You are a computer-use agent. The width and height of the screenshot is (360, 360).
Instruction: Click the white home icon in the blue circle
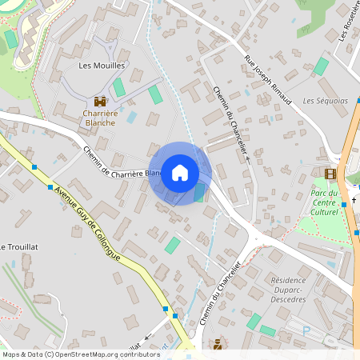point(180,173)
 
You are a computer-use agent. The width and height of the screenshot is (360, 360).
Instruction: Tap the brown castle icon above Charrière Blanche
point(100,102)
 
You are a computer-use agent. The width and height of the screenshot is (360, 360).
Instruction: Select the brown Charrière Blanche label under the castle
point(100,118)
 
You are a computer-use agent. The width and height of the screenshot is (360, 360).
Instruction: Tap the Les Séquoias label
point(326,101)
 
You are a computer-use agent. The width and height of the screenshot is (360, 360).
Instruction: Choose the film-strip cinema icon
point(330,174)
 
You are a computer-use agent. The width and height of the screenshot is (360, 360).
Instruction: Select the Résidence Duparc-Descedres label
point(299,290)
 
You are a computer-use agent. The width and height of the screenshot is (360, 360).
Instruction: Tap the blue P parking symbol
point(306,328)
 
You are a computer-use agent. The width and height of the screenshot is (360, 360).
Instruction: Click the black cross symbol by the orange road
point(343,203)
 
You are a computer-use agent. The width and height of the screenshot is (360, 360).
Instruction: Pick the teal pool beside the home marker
point(199,193)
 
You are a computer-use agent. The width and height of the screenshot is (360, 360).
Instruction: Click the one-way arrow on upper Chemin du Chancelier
point(248,160)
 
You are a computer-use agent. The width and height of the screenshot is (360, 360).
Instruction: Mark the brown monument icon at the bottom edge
point(217,345)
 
